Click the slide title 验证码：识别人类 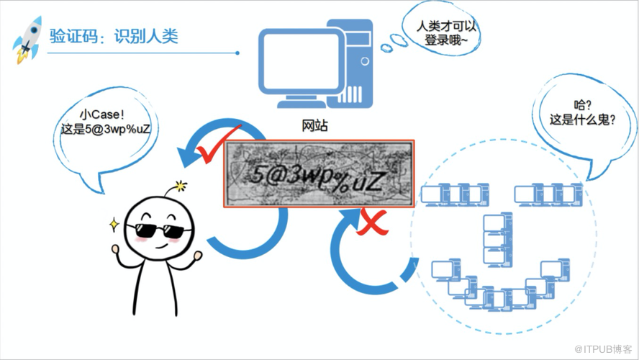pyautogui.click(x=114, y=36)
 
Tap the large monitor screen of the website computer pyautogui.click(x=302, y=62)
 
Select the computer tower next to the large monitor pyautogui.click(x=350, y=63)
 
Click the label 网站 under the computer pyautogui.click(x=314, y=125)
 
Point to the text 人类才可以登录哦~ pyautogui.click(x=446, y=33)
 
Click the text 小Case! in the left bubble pyautogui.click(x=102, y=114)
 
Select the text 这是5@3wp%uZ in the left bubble pyautogui.click(x=106, y=130)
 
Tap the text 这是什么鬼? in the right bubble pyautogui.click(x=582, y=120)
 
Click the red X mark pyautogui.click(x=371, y=222)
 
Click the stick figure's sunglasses pyautogui.click(x=159, y=230)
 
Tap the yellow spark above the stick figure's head pyautogui.click(x=180, y=186)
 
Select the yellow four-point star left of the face pyautogui.click(x=114, y=225)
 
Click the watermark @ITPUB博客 pyautogui.click(x=603, y=349)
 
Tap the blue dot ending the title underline pyautogui.click(x=237, y=53)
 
